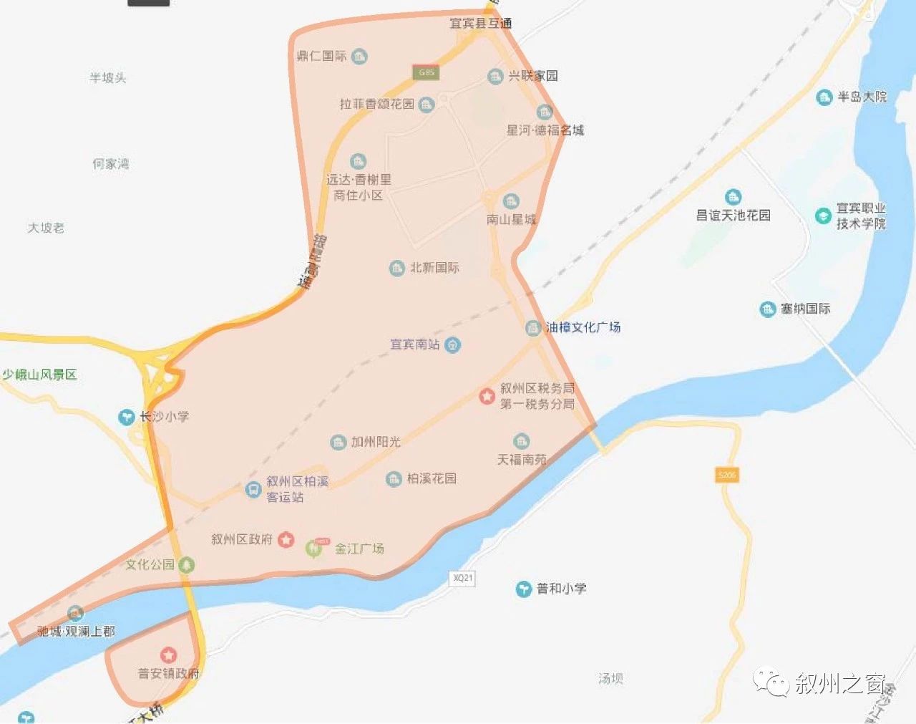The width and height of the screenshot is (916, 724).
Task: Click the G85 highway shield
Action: (426, 72)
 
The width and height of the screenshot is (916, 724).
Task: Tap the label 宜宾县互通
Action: (480, 23)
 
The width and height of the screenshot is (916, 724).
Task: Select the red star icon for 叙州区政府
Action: (286, 539)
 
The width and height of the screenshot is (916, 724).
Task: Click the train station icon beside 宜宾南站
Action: (452, 345)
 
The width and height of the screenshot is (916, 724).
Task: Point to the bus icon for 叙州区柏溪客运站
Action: (252, 489)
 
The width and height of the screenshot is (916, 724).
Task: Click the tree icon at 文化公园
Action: (186, 564)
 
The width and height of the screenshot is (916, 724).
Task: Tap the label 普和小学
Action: (562, 589)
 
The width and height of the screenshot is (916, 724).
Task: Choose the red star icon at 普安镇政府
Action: (168, 655)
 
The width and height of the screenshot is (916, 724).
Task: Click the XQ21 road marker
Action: (462, 577)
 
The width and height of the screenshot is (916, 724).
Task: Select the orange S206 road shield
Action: (726, 475)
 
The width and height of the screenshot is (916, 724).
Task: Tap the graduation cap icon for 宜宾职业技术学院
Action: (823, 216)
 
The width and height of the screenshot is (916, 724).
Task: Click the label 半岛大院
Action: (862, 97)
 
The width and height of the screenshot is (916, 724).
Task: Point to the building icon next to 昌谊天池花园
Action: (733, 197)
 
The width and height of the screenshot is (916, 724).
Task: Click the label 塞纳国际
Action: (806, 309)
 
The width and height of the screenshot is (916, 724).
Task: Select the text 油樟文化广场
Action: (583, 327)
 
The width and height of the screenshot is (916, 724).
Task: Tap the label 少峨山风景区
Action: (39, 375)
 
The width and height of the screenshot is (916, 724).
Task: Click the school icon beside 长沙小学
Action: (127, 416)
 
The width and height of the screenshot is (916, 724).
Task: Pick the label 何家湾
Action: (110, 164)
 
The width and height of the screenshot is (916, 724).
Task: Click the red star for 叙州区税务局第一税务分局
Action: (487, 395)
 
